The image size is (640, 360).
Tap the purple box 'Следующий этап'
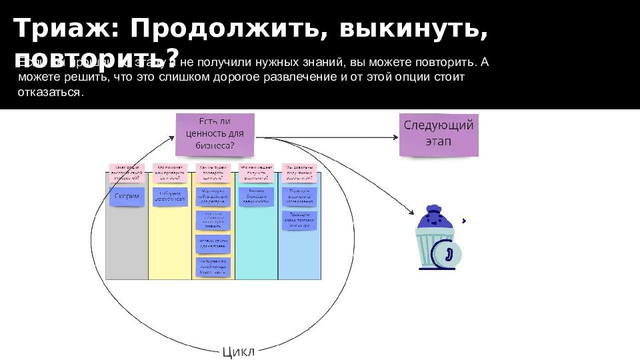coord(438,134)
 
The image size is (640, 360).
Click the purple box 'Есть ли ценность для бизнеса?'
coord(215,134)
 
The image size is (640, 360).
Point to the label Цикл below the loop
coord(238,351)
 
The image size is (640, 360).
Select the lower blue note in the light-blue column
coord(299,221)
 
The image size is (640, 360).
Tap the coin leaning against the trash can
coord(447,254)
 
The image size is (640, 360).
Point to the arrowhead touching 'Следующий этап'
coord(395,137)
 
